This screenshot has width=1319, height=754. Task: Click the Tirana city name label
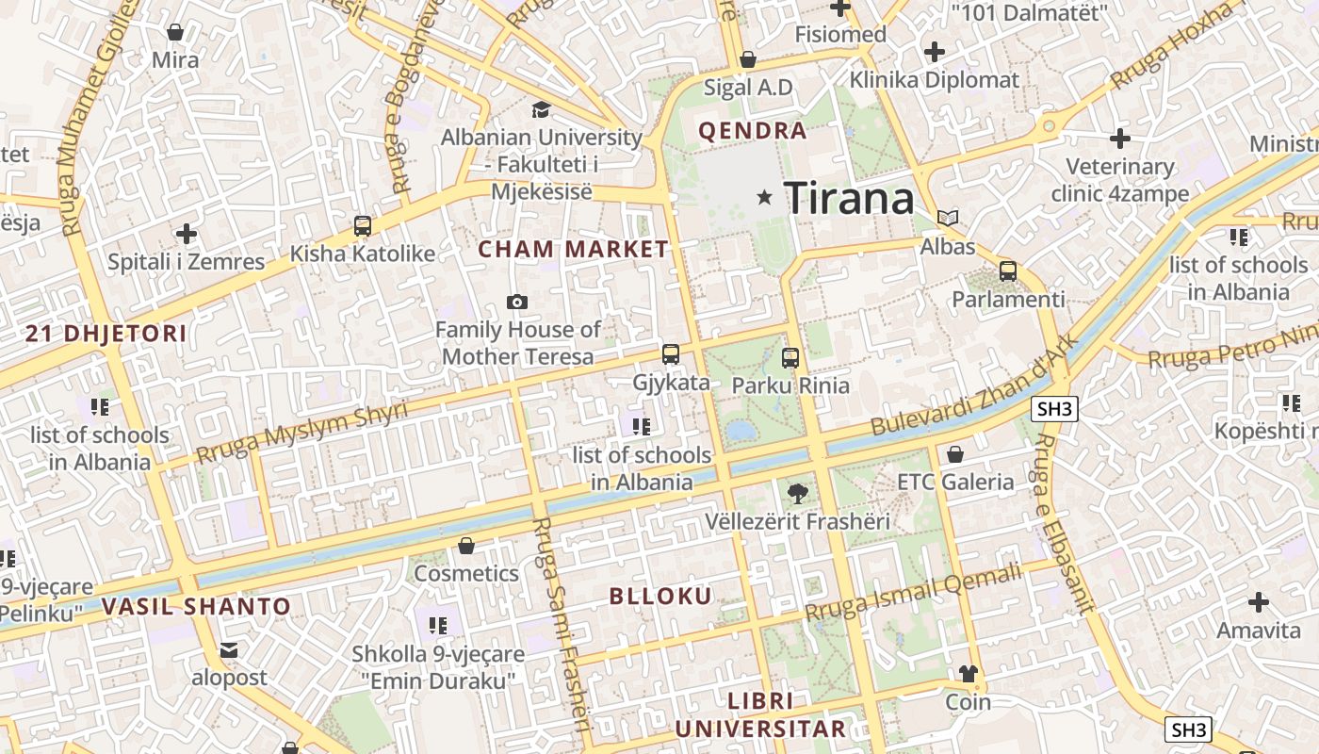849,198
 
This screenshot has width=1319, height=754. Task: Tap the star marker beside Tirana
764,197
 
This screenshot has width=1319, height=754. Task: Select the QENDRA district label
753,131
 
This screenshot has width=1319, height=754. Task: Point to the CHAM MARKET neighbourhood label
573,250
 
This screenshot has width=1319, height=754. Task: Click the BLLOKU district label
660,597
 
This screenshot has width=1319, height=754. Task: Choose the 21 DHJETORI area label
106,333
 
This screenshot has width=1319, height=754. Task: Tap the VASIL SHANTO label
196,606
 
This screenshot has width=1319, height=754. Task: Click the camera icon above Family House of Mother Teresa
516,302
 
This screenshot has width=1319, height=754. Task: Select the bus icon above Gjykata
671,354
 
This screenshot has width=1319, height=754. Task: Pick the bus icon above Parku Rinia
790,357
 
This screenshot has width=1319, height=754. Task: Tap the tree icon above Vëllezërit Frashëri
797,492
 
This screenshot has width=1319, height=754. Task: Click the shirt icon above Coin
968,673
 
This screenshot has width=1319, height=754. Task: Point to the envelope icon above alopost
229,649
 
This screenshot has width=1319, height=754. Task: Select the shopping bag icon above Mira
175,32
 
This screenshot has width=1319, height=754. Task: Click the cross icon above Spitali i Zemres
187,233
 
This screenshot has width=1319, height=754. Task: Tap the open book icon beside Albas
948,219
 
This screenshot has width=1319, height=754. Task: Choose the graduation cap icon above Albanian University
541,110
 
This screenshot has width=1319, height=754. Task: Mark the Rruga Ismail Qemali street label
913,592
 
